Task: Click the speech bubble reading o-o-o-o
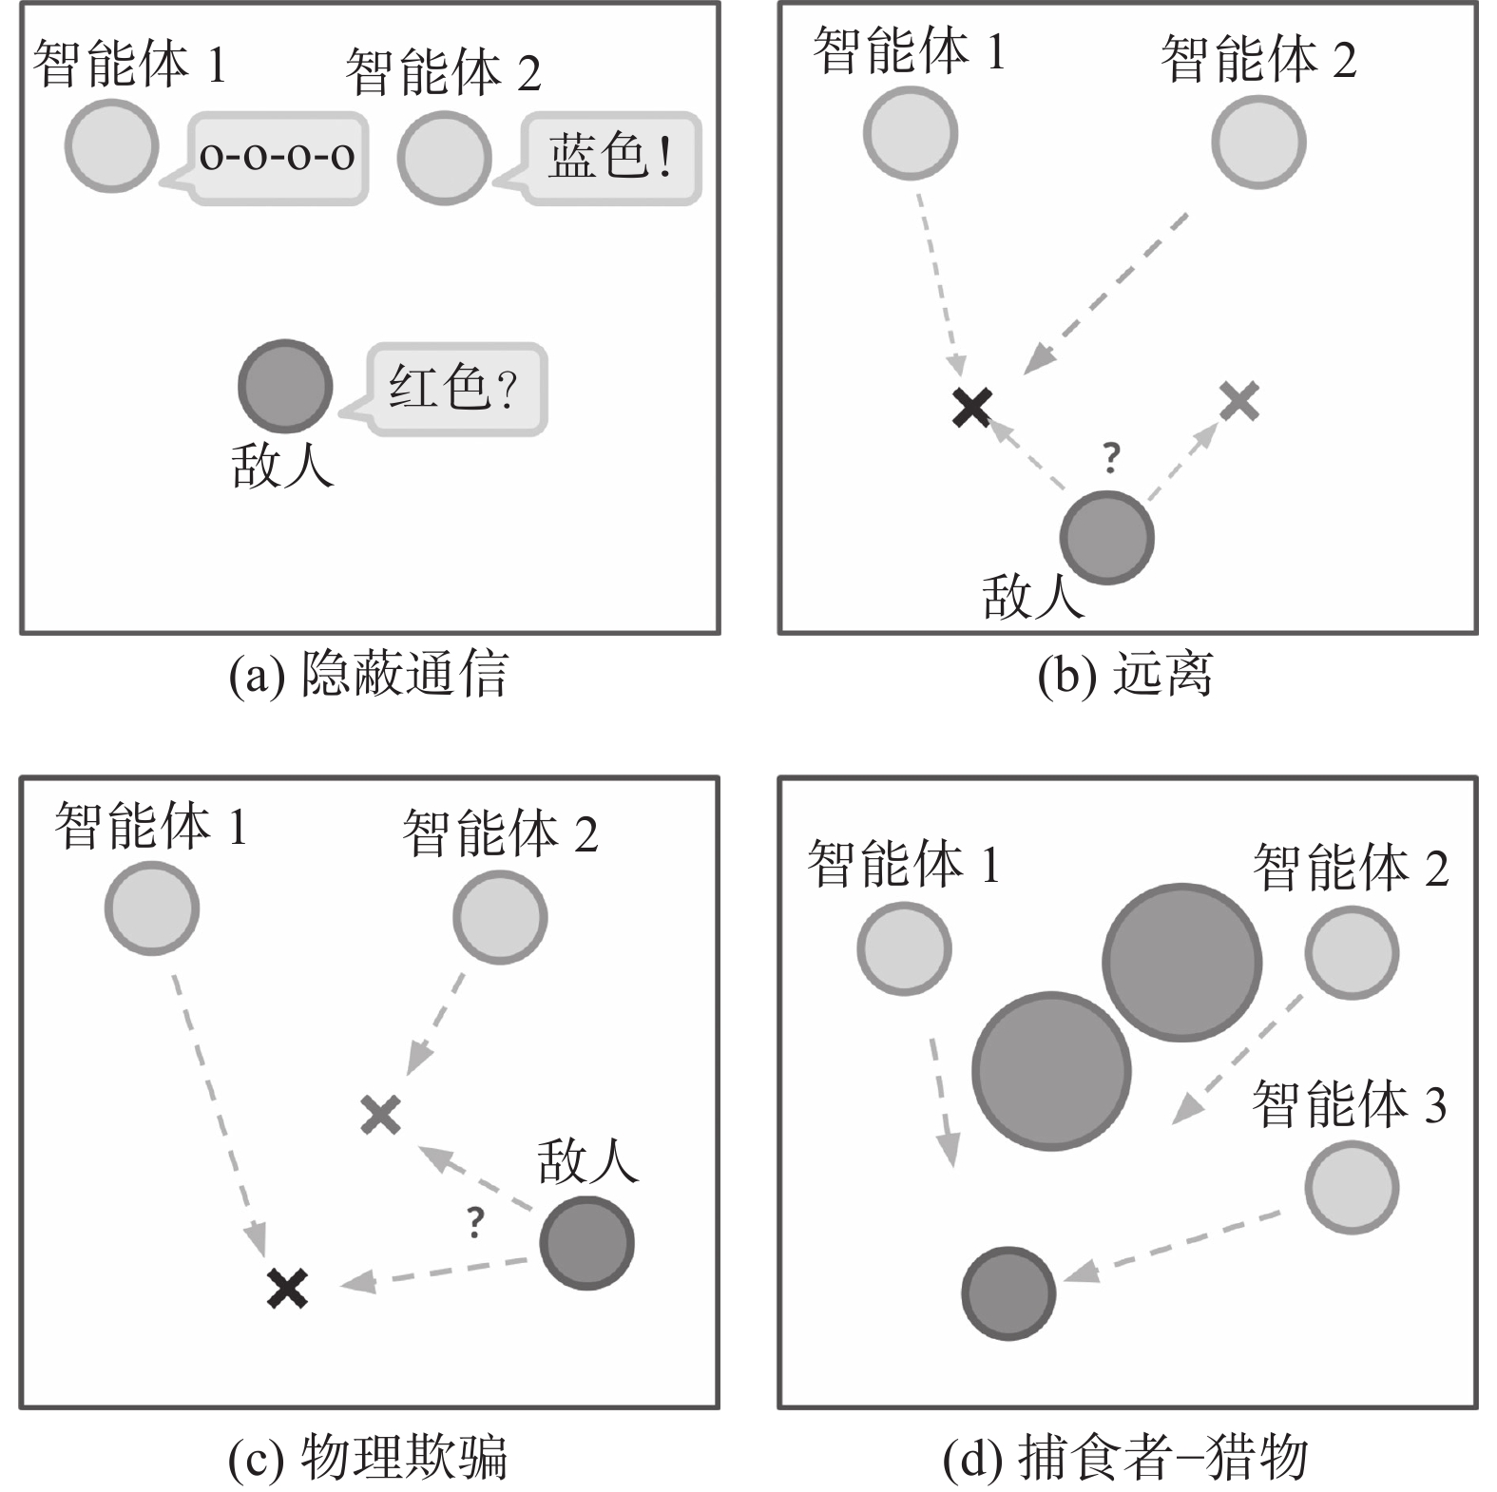coord(278,157)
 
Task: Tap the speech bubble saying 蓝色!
coord(611,157)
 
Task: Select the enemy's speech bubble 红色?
coord(455,389)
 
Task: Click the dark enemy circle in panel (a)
coord(284,386)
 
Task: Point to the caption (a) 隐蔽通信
coord(369,675)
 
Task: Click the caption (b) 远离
coord(1125,675)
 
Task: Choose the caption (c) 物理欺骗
coord(369,1456)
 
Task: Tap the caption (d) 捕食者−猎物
coord(1125,1456)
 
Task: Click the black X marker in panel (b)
coord(972,408)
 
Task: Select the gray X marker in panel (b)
coord(1239,401)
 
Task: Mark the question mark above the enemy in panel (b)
coord(1111,458)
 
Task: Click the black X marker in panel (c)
coord(287,1289)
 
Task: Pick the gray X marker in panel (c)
coord(381,1115)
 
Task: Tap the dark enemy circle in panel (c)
coord(586,1243)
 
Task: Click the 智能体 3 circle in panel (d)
coord(1351,1187)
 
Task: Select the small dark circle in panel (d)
coord(1008,1293)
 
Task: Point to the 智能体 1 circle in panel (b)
coord(910,133)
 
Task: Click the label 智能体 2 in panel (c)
coord(500,834)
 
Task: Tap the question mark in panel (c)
coord(476,1222)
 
